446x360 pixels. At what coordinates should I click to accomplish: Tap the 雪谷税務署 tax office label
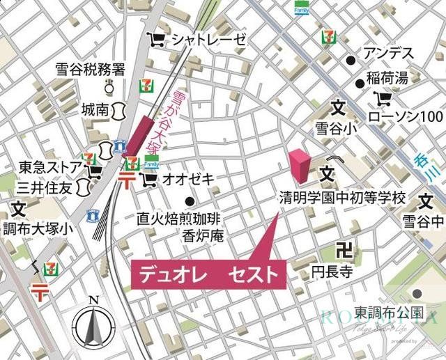(x=91, y=70)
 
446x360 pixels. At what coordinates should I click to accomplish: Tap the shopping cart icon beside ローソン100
(x=383, y=97)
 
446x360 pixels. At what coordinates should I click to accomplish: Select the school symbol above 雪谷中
(x=426, y=202)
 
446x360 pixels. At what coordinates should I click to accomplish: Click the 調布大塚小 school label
(x=38, y=228)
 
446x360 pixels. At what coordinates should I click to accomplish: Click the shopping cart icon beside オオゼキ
(x=148, y=180)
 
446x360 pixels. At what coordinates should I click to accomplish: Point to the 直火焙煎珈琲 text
(x=185, y=219)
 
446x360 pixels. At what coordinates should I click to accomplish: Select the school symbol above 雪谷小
(x=338, y=108)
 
